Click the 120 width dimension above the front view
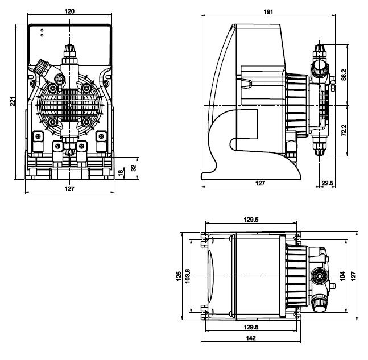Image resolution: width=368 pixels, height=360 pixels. (69, 11)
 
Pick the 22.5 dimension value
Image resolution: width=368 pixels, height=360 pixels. (329, 183)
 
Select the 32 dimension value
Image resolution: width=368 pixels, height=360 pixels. (134, 168)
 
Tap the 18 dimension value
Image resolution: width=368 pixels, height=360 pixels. (120, 172)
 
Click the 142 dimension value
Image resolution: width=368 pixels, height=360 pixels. (251, 337)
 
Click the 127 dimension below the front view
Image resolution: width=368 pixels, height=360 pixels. (70, 188)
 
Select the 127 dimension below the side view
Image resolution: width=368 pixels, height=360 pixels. (260, 183)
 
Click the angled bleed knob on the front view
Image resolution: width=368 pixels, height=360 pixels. (42, 68)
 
